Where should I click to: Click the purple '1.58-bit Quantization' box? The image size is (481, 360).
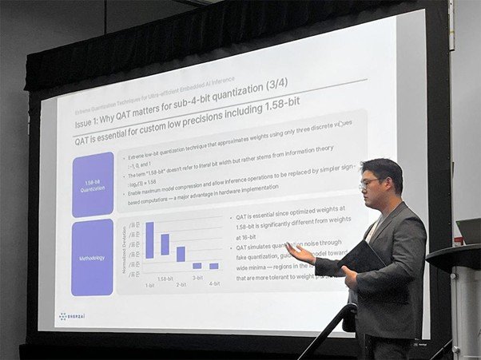pyautogui.click(x=93, y=184)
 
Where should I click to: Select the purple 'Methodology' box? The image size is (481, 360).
pyautogui.click(x=92, y=257)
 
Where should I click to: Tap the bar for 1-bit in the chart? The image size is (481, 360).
pyautogui.click(x=149, y=239)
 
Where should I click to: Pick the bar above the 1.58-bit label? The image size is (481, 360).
pyautogui.click(x=165, y=244)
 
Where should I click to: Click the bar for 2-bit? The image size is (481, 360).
pyautogui.click(x=181, y=254)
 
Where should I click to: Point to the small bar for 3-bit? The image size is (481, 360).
pyautogui.click(x=197, y=266)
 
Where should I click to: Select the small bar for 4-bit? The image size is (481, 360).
pyautogui.click(x=214, y=266)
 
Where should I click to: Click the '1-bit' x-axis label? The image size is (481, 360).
pyautogui.click(x=149, y=285)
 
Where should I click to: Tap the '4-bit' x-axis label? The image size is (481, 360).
pyautogui.click(x=214, y=283)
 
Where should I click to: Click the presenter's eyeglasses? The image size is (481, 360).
pyautogui.click(x=370, y=183)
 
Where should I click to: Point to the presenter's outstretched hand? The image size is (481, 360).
pyautogui.click(x=298, y=252)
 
